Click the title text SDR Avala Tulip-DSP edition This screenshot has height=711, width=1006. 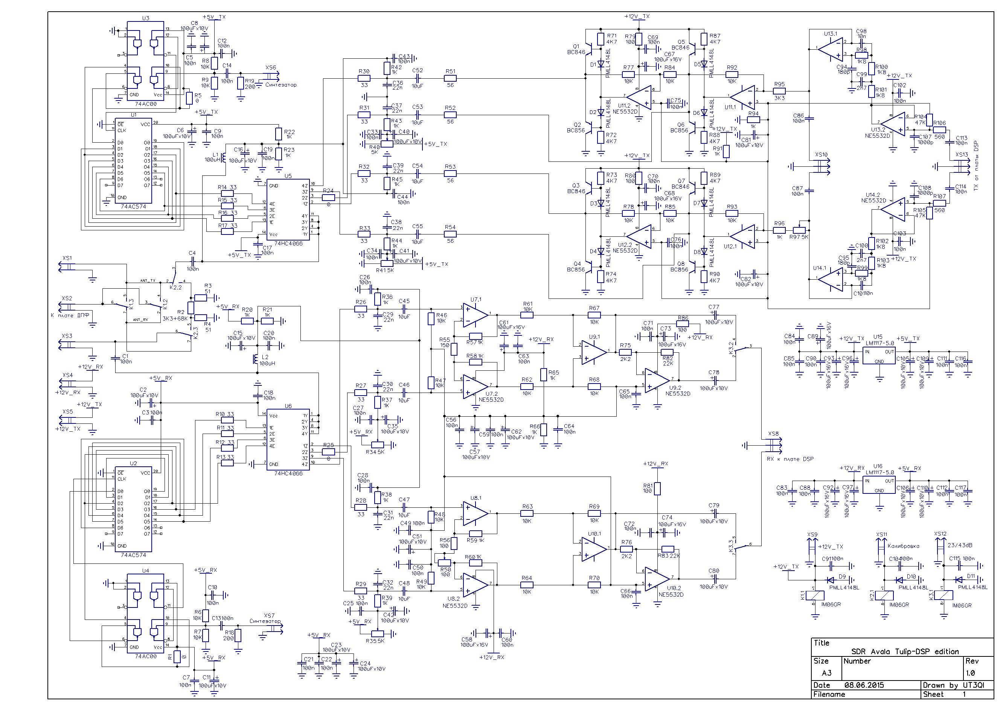[904, 652]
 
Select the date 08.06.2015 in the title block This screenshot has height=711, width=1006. [864, 685]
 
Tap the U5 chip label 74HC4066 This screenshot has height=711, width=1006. [288, 244]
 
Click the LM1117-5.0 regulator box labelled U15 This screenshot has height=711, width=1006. [879, 356]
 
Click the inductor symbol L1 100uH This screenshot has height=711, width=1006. [224, 157]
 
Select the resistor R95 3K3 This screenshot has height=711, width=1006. [779, 91]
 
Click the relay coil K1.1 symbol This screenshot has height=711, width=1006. [815, 595]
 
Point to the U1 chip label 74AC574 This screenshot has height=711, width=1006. [133, 206]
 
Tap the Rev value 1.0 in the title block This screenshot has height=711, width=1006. [971, 673]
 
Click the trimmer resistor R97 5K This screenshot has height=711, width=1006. [799, 230]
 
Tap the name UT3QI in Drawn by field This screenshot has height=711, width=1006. [974, 685]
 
